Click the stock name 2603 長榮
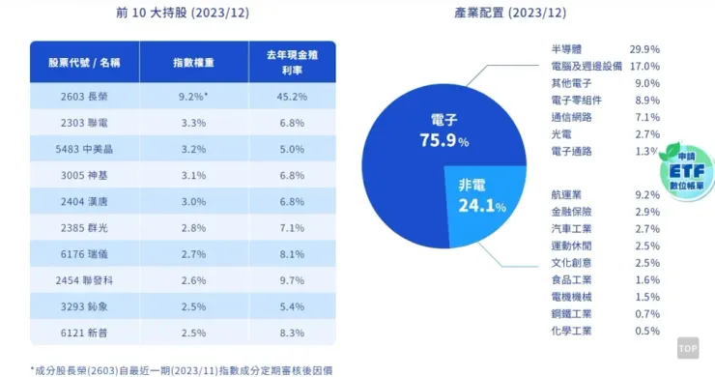pyautogui.click(x=84, y=97)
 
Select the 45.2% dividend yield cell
pyautogui.click(x=292, y=97)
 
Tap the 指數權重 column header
pyautogui.click(x=193, y=62)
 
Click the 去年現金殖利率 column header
pyautogui.click(x=292, y=62)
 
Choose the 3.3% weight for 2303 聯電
pyautogui.click(x=193, y=123)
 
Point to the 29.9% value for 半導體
pyautogui.click(x=644, y=48)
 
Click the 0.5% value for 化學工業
pyautogui.click(x=648, y=332)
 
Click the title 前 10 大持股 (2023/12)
pyautogui.click(x=183, y=14)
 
